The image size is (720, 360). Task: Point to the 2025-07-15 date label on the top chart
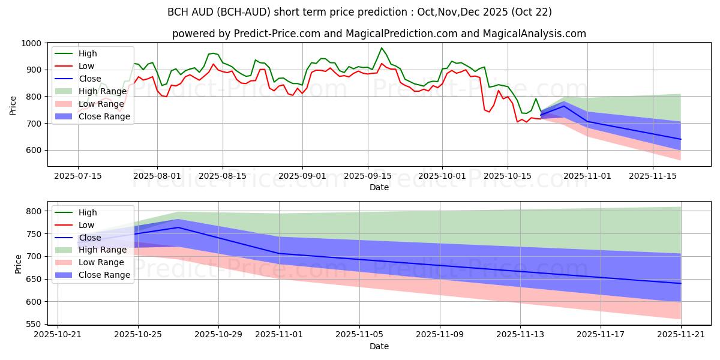(77, 176)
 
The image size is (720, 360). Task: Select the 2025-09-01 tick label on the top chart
(302, 176)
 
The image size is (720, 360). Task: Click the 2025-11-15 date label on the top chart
(653, 176)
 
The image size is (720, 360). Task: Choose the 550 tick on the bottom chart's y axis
(35, 324)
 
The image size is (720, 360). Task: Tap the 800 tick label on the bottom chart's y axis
(35, 211)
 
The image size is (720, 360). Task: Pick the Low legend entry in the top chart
(86, 66)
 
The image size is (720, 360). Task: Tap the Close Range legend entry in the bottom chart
(104, 275)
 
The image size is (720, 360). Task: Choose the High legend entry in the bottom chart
(88, 212)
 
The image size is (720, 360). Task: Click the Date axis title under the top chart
(379, 187)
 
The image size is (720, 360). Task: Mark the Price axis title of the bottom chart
(18, 264)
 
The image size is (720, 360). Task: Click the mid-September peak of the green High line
(382, 48)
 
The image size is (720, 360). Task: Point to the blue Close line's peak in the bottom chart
(178, 227)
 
